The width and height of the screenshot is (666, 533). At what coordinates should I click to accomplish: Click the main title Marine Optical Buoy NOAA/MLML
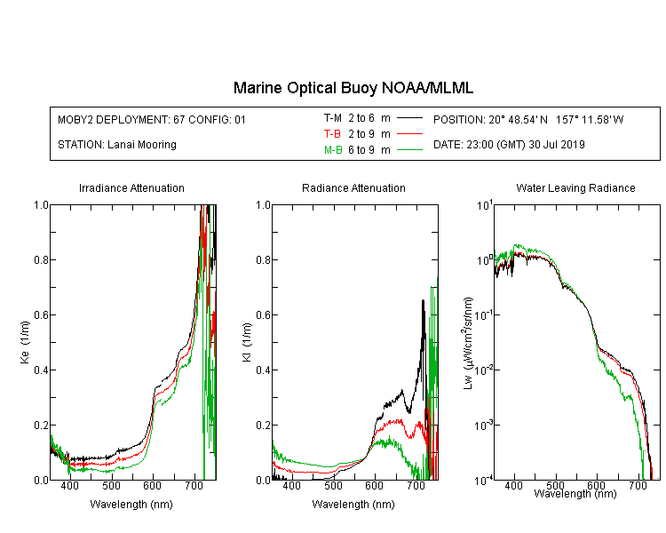click(x=353, y=88)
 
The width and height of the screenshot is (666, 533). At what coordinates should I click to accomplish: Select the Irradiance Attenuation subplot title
click(x=131, y=187)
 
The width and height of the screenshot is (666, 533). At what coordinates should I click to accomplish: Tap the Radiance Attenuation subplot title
click(x=353, y=187)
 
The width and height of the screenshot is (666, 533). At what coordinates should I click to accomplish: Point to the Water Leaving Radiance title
click(x=575, y=187)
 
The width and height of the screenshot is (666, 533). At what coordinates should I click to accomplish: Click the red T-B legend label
click(x=332, y=134)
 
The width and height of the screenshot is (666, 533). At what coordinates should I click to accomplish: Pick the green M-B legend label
click(x=333, y=149)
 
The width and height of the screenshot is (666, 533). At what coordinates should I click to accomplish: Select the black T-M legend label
click(x=333, y=118)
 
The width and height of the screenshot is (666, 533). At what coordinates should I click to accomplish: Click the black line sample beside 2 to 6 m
click(x=409, y=118)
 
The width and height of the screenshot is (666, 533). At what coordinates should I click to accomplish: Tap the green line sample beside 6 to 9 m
click(x=409, y=149)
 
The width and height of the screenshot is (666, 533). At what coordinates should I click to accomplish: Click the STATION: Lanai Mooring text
click(x=117, y=145)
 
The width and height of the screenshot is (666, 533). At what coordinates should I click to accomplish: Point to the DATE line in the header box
click(x=509, y=145)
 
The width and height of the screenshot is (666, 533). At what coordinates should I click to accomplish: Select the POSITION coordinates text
click(x=528, y=119)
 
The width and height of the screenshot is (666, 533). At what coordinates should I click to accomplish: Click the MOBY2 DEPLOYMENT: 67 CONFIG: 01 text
click(x=152, y=119)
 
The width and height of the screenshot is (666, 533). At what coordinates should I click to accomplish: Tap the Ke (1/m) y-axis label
click(x=25, y=342)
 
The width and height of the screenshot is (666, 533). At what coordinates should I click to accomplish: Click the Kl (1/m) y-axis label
click(x=247, y=342)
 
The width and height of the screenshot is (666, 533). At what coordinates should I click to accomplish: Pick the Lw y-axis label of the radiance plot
click(x=468, y=344)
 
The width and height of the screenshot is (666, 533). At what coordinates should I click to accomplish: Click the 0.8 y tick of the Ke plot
click(x=41, y=259)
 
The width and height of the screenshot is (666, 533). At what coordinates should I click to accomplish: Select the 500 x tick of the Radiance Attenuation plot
click(x=333, y=485)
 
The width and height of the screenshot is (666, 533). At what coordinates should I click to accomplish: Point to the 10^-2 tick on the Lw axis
click(x=484, y=370)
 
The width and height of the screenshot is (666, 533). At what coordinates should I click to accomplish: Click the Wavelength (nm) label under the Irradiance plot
click(x=131, y=504)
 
